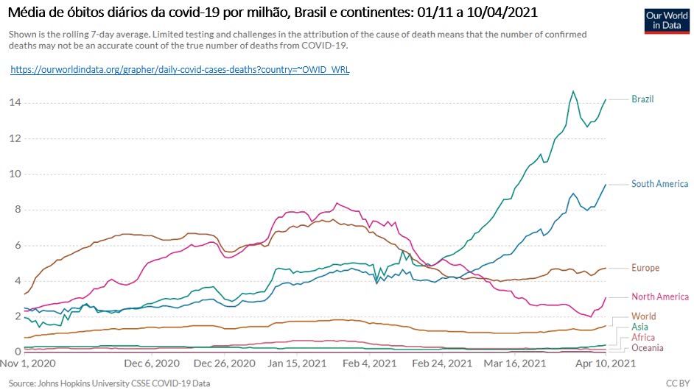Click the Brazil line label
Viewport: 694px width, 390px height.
coord(642,99)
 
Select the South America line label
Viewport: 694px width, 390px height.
coord(659,184)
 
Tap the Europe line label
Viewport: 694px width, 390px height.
coord(645,268)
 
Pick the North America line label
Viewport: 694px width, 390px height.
coord(660,297)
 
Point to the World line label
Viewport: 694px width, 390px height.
coord(643,316)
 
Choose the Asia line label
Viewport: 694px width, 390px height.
coord(639,327)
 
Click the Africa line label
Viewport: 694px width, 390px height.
coord(643,337)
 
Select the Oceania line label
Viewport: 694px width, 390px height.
coord(648,347)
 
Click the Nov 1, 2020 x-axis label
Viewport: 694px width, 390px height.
coord(29,364)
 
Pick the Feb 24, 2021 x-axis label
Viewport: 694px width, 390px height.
coord(442,364)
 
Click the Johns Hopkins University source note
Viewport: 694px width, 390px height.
coord(110,383)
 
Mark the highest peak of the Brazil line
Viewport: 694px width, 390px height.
coord(573,91)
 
